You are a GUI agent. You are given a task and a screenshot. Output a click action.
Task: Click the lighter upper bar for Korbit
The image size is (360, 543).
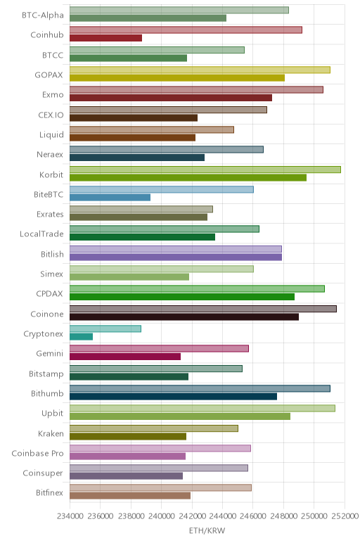click(205, 170)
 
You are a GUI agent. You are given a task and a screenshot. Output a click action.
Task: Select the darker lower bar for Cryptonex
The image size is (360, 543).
click(81, 337)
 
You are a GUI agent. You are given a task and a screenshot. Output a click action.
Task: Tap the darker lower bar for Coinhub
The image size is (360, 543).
click(105, 38)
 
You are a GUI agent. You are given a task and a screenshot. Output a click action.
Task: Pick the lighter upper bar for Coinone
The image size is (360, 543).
click(202, 309)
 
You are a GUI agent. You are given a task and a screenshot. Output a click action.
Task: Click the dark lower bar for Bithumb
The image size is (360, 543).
click(173, 397)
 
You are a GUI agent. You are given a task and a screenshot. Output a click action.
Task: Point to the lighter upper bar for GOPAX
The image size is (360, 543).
click(200, 70)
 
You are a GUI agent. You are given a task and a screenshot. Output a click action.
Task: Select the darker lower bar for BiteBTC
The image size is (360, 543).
click(110, 198)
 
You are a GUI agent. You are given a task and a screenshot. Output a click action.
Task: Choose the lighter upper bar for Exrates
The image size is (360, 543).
click(141, 209)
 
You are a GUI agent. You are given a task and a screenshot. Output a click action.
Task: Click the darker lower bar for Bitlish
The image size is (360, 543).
click(176, 257)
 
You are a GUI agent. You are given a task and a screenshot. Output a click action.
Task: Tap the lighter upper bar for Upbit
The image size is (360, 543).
click(202, 408)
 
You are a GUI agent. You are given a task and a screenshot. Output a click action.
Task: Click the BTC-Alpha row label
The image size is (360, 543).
click(43, 15)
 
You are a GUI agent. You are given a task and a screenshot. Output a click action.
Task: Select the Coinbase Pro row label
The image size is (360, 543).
click(37, 453)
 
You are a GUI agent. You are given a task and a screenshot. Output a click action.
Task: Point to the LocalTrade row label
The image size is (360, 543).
click(41, 234)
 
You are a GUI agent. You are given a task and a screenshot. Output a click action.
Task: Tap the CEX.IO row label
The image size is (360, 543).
click(51, 115)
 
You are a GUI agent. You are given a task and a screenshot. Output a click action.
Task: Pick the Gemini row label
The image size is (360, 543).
click(50, 354)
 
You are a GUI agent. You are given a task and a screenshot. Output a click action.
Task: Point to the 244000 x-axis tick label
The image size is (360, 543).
click(223, 516)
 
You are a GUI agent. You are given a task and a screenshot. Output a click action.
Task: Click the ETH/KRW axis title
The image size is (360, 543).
click(207, 530)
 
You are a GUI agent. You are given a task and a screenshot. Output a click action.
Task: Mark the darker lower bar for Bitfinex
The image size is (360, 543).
click(130, 496)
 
